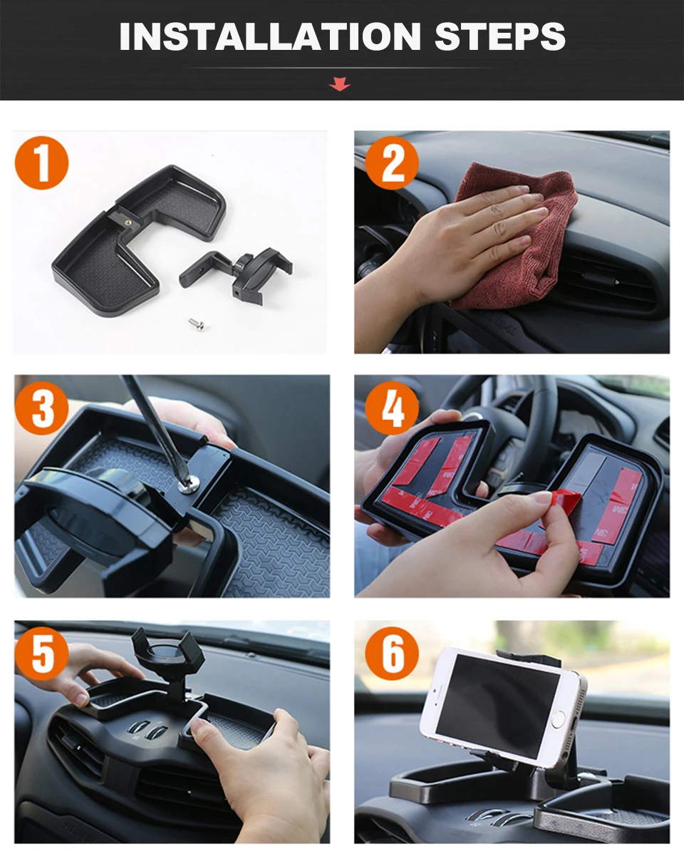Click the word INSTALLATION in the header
(x=270, y=36)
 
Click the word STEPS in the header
(x=499, y=36)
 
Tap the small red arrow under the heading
(x=340, y=84)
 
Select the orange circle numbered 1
(x=42, y=163)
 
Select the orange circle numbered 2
(x=392, y=163)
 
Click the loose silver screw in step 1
(x=197, y=324)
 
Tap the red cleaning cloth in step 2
(x=512, y=239)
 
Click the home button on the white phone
(x=558, y=720)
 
